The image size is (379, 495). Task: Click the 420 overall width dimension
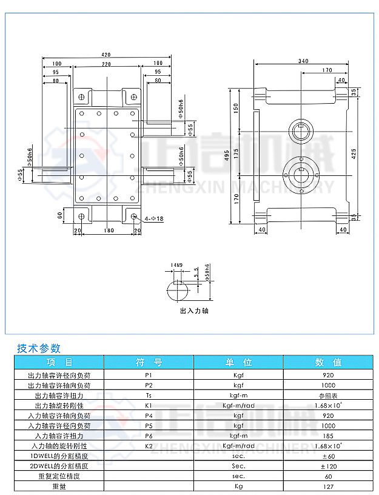[x=106, y=55]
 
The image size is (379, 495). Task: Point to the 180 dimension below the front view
[x=107, y=231]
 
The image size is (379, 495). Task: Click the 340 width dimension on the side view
[x=303, y=61]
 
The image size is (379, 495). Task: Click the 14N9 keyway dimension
[x=176, y=266]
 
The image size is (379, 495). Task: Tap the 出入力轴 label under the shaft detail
[x=194, y=311]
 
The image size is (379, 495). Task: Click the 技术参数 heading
[x=39, y=348]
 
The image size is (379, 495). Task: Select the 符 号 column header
[x=149, y=362]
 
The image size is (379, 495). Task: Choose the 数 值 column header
[x=328, y=362]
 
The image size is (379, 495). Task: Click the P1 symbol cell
[x=149, y=375]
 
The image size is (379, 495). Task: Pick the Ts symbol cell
[x=149, y=395]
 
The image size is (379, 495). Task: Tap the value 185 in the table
[x=328, y=436]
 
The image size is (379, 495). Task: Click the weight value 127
[x=328, y=486]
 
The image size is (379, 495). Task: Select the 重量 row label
[x=59, y=486]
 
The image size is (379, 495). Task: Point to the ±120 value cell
[x=328, y=466]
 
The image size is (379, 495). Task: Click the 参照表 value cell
[x=328, y=395]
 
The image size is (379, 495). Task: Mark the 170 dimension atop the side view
[x=327, y=70]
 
